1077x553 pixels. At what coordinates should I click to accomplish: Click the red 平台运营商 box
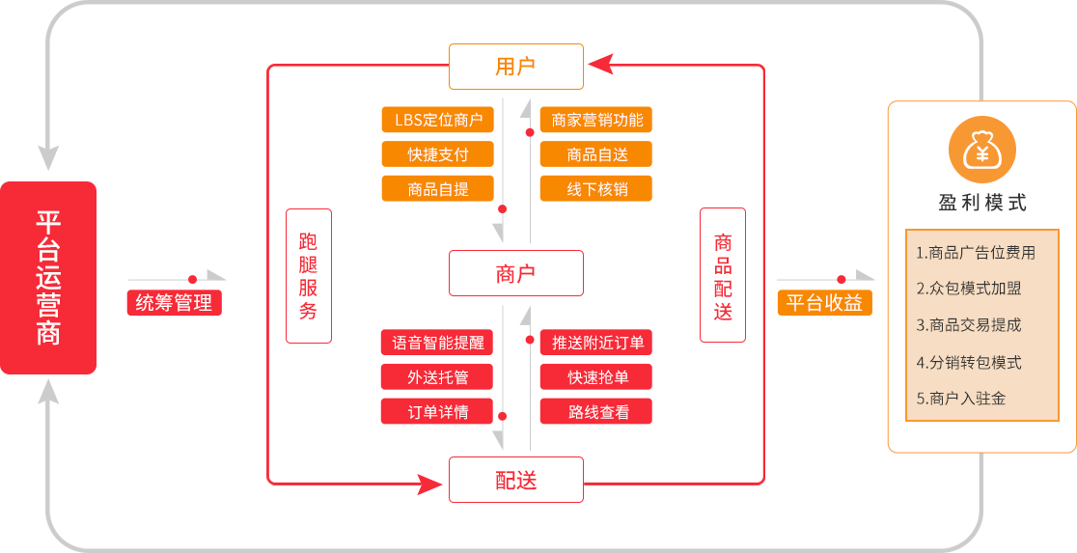click(x=48, y=278)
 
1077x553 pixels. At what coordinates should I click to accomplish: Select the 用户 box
click(x=516, y=67)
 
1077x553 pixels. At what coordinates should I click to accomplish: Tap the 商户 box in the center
click(x=516, y=273)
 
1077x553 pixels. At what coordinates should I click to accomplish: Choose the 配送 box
click(x=516, y=480)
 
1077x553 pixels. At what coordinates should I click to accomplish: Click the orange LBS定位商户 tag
click(x=438, y=120)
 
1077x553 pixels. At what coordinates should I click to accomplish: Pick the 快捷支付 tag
click(x=438, y=154)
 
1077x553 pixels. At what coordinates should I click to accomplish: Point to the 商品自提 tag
click(x=438, y=188)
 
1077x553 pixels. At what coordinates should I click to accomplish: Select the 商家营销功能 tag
click(x=595, y=120)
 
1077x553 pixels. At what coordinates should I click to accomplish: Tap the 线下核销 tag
click(x=595, y=188)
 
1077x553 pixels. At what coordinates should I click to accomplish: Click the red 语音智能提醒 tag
click(x=438, y=342)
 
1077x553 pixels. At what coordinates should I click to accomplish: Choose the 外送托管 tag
click(x=438, y=376)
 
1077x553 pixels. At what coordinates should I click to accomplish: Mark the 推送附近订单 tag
click(x=595, y=342)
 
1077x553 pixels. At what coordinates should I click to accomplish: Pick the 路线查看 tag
click(x=595, y=411)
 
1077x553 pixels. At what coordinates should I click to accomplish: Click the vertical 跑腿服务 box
click(x=308, y=276)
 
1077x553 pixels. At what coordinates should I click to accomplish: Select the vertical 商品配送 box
click(x=723, y=276)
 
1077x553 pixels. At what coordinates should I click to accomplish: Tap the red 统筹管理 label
click(x=174, y=302)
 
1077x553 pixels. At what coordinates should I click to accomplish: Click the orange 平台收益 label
click(x=824, y=302)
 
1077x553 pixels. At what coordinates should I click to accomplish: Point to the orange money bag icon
click(x=982, y=150)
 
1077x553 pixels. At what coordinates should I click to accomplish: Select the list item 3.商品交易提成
click(x=969, y=325)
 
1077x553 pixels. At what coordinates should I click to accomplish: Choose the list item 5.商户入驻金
click(x=961, y=398)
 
